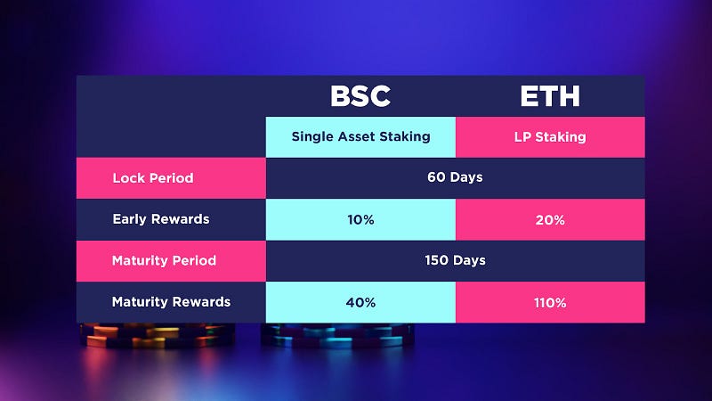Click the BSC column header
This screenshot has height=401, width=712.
pyautogui.click(x=360, y=96)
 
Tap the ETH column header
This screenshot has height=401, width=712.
pyautogui.click(x=550, y=96)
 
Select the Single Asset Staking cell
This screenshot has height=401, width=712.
pyautogui.click(x=360, y=137)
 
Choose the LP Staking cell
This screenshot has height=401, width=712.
pyautogui.click(x=550, y=137)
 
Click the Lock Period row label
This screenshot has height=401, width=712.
pyautogui.click(x=171, y=177)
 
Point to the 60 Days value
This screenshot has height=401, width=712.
pyautogui.click(x=455, y=177)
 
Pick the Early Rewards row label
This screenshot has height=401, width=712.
pyautogui.click(x=171, y=219)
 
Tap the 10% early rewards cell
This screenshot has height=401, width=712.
pyautogui.click(x=360, y=219)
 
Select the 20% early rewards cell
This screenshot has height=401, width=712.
pyautogui.click(x=550, y=219)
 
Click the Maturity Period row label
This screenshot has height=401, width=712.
pyautogui.click(x=171, y=260)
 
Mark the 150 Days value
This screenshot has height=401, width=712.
pyautogui.click(x=455, y=260)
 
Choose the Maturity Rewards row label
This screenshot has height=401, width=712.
pyautogui.click(x=171, y=302)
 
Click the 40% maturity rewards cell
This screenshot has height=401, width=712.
pyautogui.click(x=360, y=302)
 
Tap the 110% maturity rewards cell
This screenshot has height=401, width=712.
pyautogui.click(x=550, y=302)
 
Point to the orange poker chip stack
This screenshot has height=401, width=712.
pyautogui.click(x=157, y=336)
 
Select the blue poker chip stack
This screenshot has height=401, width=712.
pyautogui.click(x=337, y=336)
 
